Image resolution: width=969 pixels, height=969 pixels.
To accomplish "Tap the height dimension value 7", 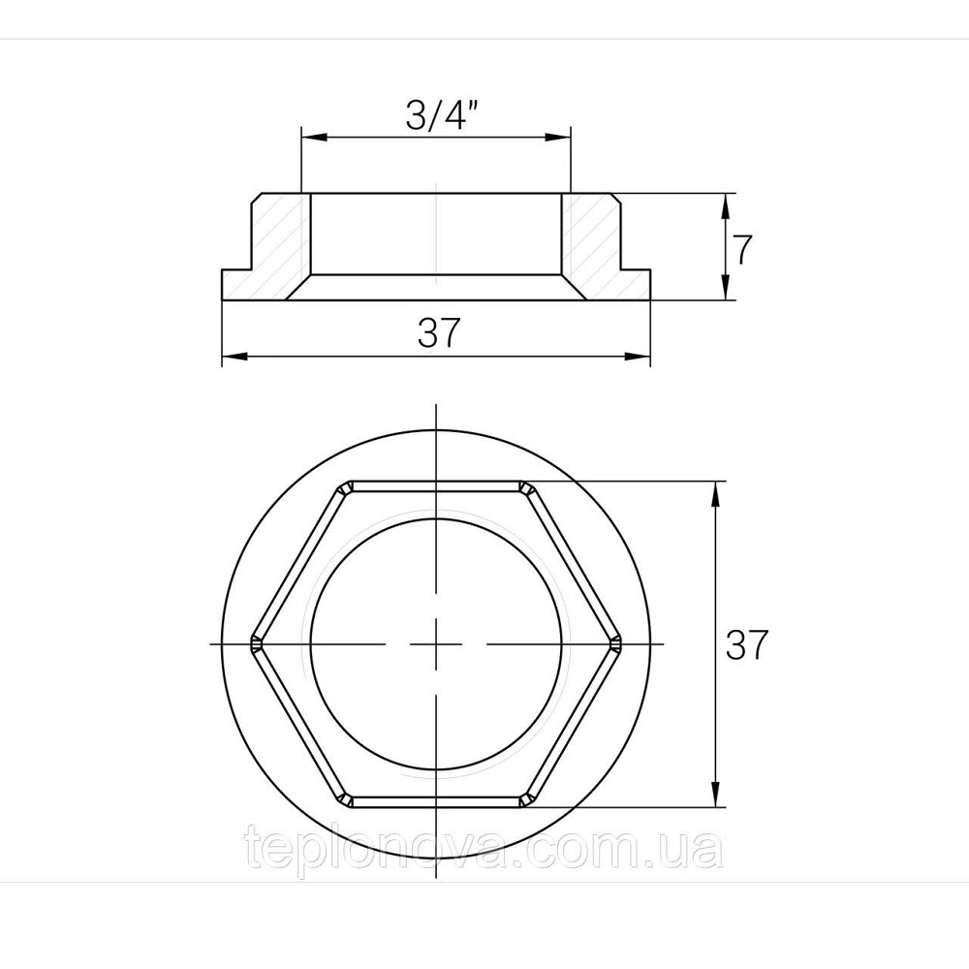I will click(740, 250).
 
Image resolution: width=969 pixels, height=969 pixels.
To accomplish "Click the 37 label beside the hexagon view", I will click(747, 644).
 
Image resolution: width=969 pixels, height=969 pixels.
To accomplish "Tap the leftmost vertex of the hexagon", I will click(253, 643).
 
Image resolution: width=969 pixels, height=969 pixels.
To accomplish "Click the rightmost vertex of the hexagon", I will click(617, 643).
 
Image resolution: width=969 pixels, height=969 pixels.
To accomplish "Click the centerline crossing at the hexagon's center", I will click(436, 644).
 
